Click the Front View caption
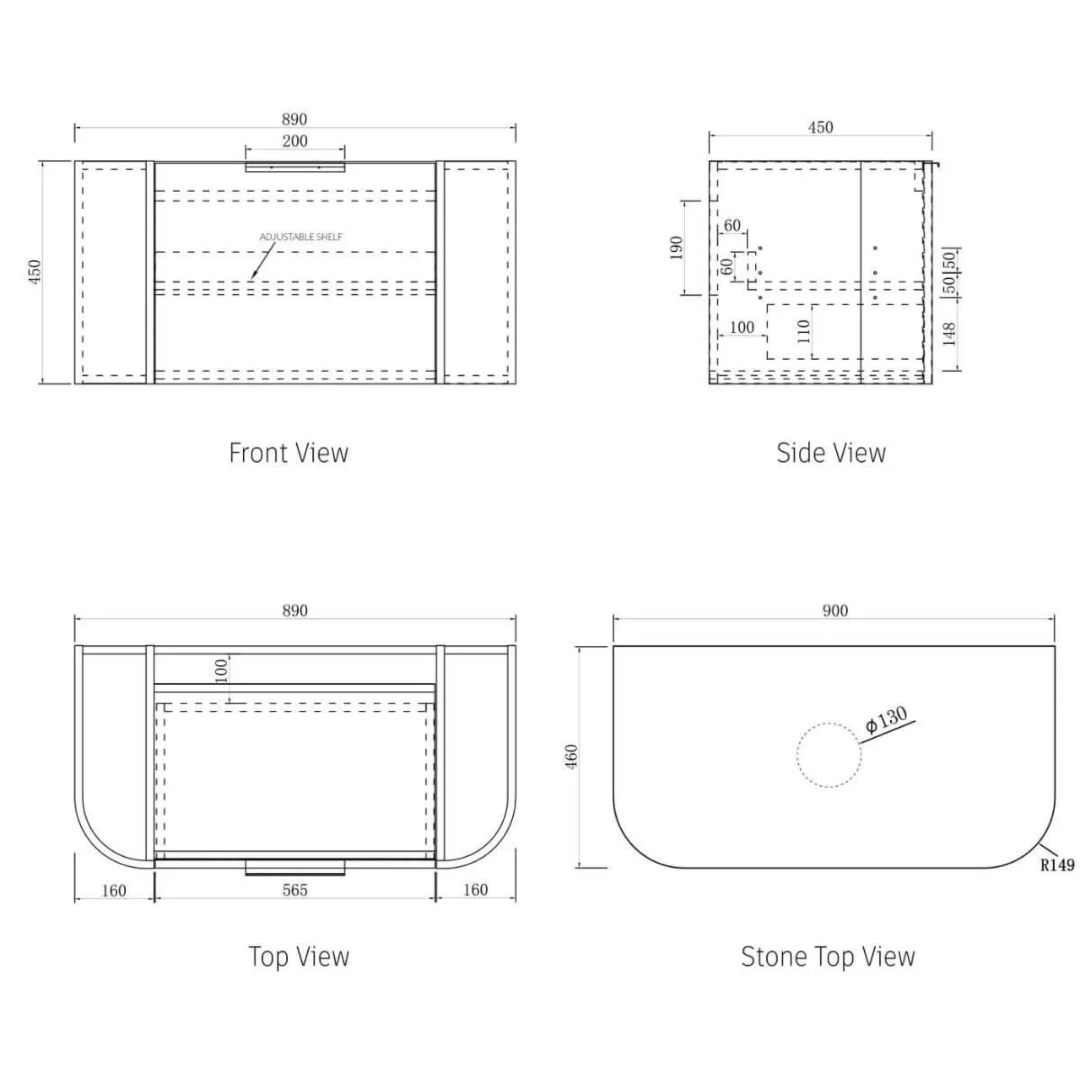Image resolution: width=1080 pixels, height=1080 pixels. (288, 453)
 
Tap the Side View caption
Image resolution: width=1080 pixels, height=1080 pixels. (831, 453)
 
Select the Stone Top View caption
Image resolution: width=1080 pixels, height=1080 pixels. (827, 956)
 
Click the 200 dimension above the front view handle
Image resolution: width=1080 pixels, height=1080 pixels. (294, 141)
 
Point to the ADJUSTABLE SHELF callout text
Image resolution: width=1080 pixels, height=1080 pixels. (301, 237)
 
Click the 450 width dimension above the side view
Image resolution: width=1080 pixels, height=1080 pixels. (820, 128)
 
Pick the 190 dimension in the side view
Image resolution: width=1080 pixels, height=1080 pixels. (677, 247)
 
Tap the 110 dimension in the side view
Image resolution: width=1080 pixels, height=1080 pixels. (805, 331)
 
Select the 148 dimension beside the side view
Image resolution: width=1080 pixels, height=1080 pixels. (949, 334)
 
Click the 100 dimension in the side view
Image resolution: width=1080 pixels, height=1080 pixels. (742, 328)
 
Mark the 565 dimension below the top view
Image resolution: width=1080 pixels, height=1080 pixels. (294, 890)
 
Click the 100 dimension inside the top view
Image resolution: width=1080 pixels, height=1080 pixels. (221, 670)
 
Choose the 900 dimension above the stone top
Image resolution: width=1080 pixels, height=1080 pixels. (834, 611)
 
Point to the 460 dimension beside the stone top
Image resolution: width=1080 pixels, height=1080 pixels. (571, 757)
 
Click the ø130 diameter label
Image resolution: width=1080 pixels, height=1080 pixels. (886, 721)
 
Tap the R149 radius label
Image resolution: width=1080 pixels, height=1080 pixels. (1057, 865)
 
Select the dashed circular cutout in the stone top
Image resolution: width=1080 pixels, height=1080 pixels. (829, 756)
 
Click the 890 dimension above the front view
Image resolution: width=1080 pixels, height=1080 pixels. (294, 120)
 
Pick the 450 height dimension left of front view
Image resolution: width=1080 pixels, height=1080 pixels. (35, 272)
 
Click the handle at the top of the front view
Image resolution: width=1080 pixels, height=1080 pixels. (294, 166)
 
